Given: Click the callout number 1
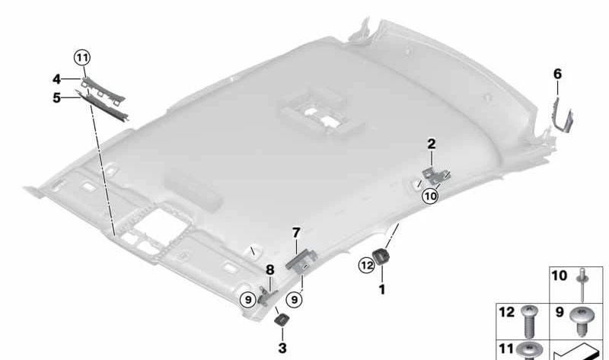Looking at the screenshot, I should (x=383, y=289).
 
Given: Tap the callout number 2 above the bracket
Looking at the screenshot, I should (x=431, y=143).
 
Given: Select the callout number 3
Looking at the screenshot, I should (x=282, y=348).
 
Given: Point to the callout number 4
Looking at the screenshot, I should (x=56, y=78).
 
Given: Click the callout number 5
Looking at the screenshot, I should (x=56, y=97).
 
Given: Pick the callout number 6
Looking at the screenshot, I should (x=557, y=74).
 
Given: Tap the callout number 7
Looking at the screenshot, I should (x=296, y=231).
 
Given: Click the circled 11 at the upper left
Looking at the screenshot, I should (x=81, y=56).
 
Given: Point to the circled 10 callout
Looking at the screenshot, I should (x=431, y=196).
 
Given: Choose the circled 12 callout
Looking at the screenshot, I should (x=366, y=265).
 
